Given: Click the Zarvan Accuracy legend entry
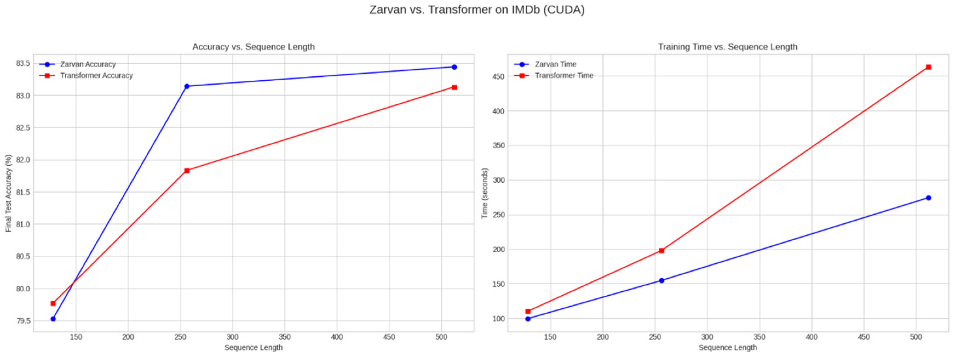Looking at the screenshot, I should click(x=88, y=64).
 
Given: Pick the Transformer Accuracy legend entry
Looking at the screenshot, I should click(x=96, y=76).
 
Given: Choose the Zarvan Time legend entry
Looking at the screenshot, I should click(x=555, y=64).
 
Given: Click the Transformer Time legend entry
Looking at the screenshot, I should click(x=563, y=76).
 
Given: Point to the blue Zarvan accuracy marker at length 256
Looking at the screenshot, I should click(x=187, y=86).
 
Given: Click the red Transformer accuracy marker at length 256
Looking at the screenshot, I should click(x=187, y=171).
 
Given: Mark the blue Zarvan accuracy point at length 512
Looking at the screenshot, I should click(x=454, y=67).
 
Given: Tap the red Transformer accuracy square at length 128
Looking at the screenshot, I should click(x=53, y=303).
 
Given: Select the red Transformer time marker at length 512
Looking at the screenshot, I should click(x=928, y=67).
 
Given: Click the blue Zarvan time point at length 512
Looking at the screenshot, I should click(x=928, y=198).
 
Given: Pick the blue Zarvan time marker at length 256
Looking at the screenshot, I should click(x=661, y=280).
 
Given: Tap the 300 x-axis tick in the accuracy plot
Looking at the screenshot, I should click(x=232, y=337).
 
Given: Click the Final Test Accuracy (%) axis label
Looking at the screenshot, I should click(x=8, y=193).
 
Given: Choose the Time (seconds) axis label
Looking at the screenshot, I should click(x=484, y=193).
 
